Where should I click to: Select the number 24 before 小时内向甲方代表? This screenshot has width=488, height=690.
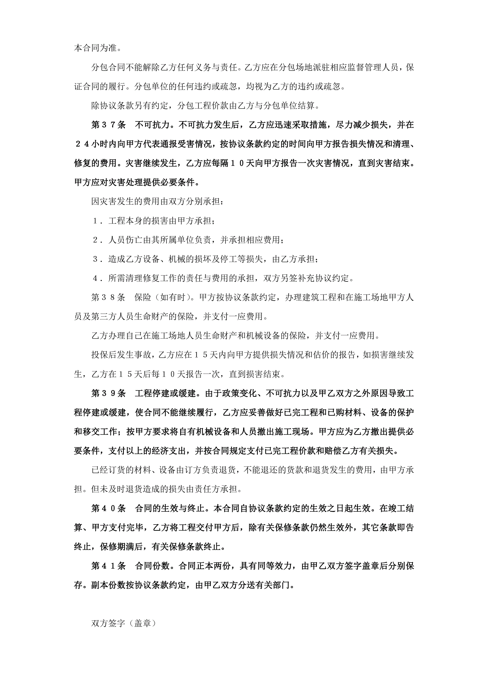click(82, 144)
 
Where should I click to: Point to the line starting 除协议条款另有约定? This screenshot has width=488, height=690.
click(205, 106)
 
